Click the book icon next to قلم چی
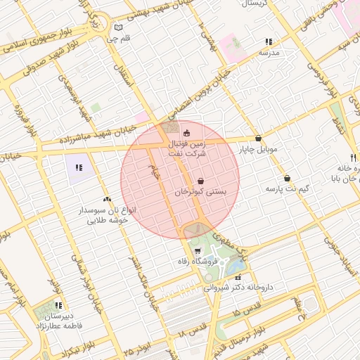pos(118,28)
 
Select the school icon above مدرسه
pos(269,42)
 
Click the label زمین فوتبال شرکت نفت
pos(187,147)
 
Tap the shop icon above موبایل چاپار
pos(259,139)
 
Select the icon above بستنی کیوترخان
pos(201,181)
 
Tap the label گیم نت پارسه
pos(287,188)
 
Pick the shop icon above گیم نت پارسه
pos(288,178)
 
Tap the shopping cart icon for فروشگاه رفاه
pos(198,251)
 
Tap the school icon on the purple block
pos(79,168)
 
